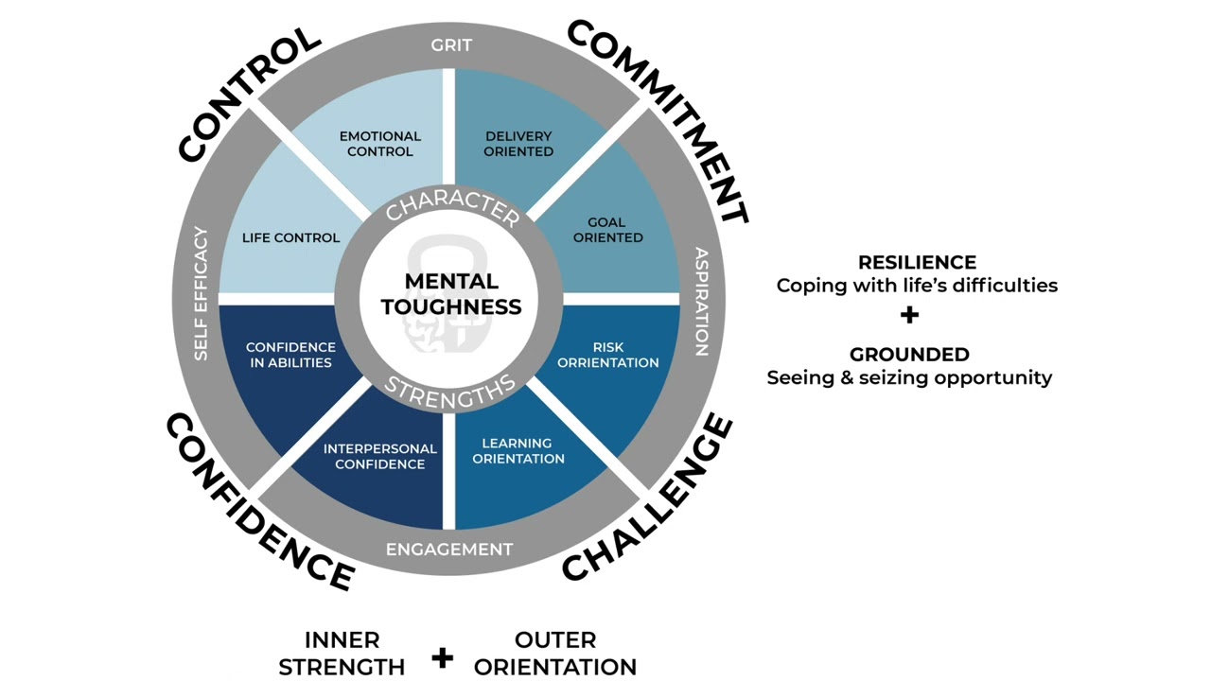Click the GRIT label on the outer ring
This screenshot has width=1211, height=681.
[451, 45]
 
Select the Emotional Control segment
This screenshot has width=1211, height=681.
[379, 144]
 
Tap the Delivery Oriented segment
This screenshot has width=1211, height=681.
[518, 144]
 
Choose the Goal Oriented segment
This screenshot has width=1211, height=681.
[607, 230]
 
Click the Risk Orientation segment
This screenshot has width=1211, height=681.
[607, 355]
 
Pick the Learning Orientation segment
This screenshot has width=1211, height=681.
[518, 450]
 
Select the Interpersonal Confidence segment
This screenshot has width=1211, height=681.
[379, 456]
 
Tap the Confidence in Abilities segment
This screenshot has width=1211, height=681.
[290, 355]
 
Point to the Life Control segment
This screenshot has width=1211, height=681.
[290, 237]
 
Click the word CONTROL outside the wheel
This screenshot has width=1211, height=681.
[249, 94]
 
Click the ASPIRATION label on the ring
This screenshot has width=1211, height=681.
[701, 302]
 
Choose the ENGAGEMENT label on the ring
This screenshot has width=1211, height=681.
[449, 550]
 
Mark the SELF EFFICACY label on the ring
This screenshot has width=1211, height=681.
[201, 293]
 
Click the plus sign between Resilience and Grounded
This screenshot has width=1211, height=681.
[909, 315]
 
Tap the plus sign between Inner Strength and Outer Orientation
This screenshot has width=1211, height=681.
[442, 656]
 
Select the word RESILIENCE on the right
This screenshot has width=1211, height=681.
[917, 262]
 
